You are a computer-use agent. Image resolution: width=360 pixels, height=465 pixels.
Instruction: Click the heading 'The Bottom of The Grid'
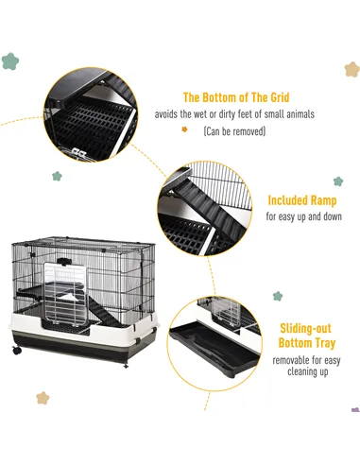(234, 96)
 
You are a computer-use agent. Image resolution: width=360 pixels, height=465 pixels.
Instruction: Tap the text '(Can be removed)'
(234, 131)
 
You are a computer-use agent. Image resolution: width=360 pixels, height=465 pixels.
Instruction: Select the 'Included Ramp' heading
(303, 200)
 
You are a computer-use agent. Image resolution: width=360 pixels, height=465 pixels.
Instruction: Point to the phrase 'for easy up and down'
(303, 217)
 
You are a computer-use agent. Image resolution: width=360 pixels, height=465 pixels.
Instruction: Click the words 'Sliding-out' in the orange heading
(303, 328)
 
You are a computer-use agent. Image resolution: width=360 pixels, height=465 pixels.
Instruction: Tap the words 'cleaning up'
(303, 373)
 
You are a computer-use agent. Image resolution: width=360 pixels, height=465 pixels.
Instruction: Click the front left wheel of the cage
(17, 351)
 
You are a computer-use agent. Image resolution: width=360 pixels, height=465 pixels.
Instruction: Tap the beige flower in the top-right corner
(351, 69)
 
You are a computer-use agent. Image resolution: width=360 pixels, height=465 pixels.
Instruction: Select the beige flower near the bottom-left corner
(43, 398)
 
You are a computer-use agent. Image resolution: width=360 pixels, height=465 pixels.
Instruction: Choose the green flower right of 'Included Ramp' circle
(337, 181)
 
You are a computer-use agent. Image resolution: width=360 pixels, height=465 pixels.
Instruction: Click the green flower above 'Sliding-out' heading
(278, 296)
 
